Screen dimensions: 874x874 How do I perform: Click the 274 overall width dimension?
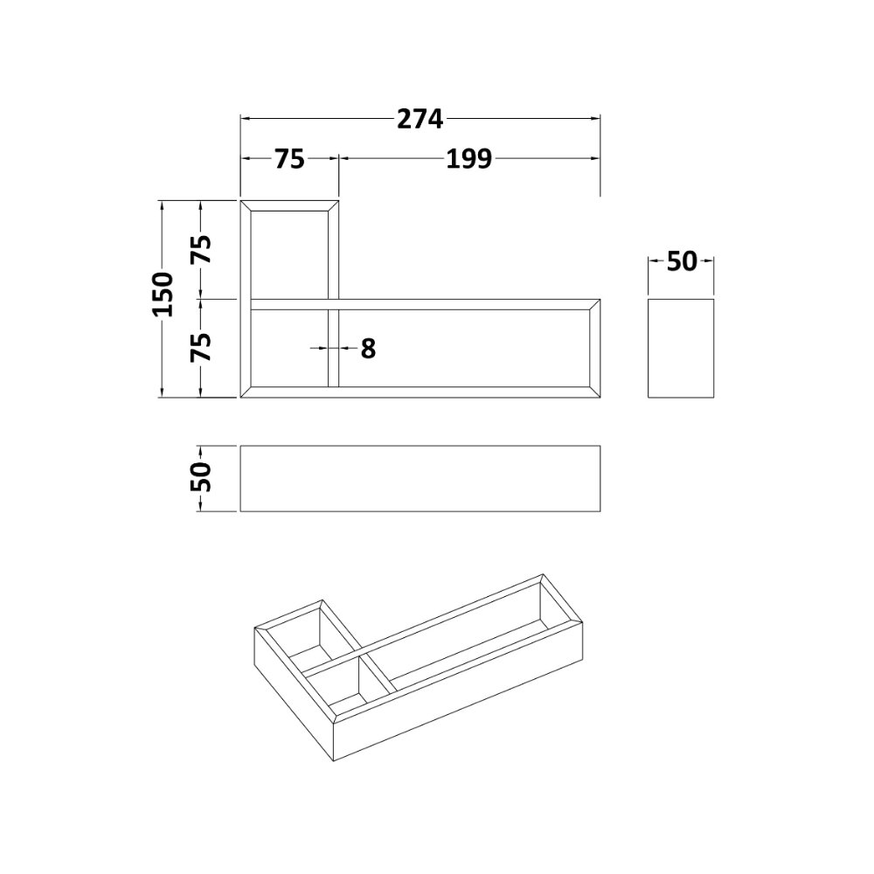(x=420, y=119)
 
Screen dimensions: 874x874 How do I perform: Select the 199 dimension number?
(x=468, y=159)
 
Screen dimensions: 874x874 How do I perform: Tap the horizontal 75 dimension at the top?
(x=290, y=159)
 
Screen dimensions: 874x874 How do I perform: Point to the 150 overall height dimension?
(x=164, y=295)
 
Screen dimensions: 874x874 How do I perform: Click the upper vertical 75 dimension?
(x=202, y=249)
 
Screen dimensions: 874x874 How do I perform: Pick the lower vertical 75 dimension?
(x=202, y=347)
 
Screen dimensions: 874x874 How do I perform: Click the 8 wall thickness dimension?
(x=369, y=349)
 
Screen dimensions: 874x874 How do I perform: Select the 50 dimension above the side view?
(x=682, y=260)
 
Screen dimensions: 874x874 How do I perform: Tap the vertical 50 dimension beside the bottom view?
(x=202, y=477)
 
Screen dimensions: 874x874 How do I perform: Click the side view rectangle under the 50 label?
(x=681, y=349)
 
